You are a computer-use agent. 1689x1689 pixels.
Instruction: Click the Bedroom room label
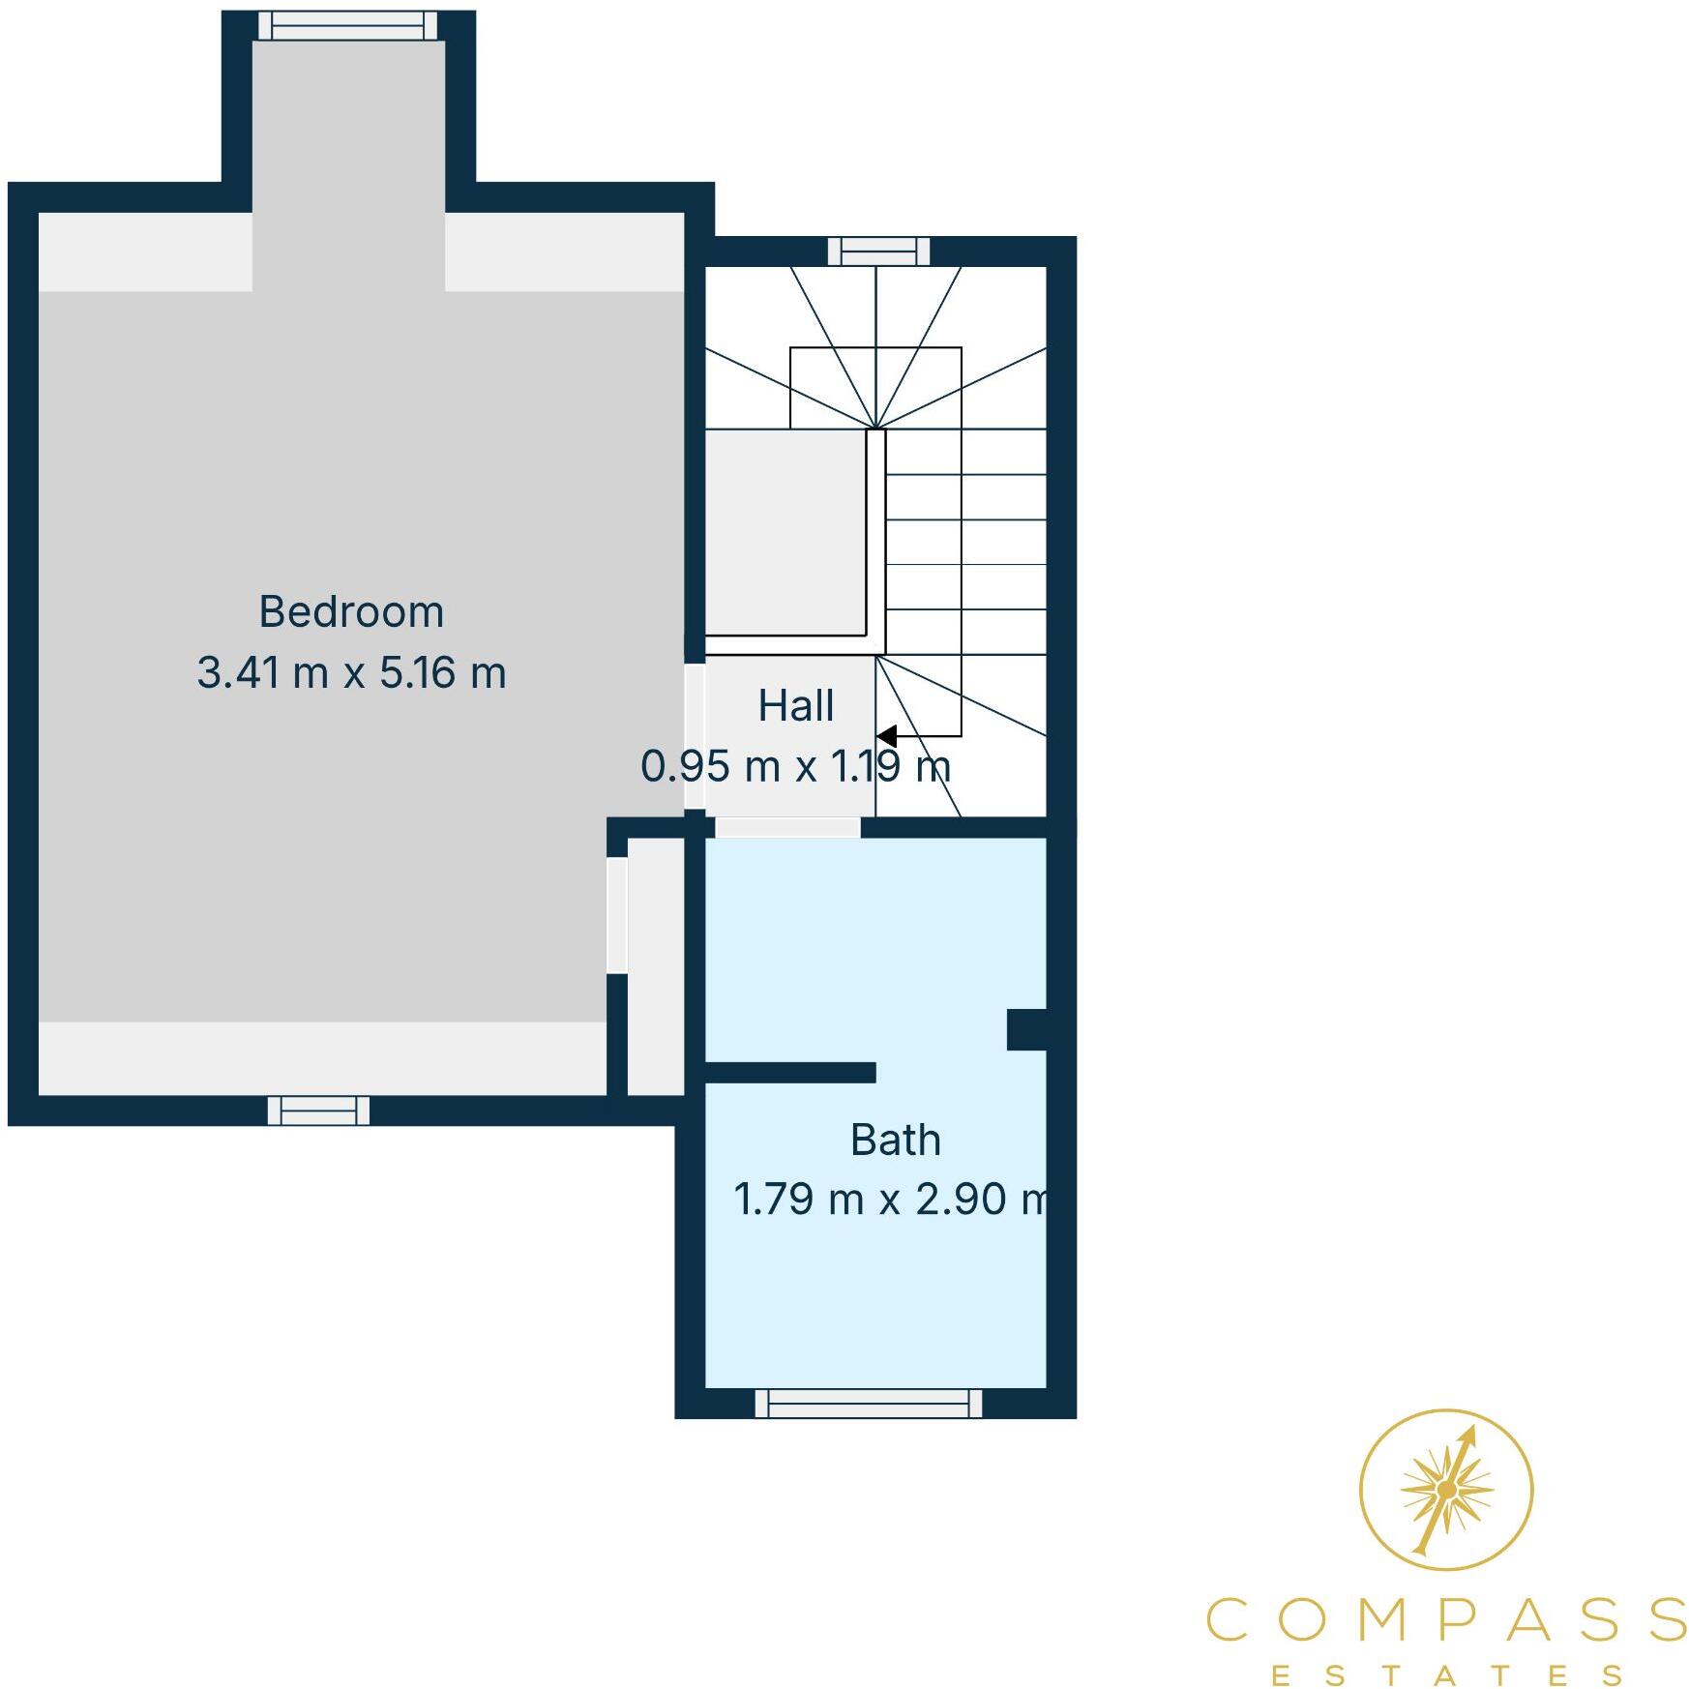click(x=351, y=612)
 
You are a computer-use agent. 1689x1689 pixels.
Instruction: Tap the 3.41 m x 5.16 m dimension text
click(x=351, y=673)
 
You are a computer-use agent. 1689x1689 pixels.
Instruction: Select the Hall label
click(x=795, y=706)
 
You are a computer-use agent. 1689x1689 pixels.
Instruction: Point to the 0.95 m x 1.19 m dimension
click(x=795, y=767)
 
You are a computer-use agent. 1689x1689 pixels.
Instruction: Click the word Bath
click(x=895, y=1141)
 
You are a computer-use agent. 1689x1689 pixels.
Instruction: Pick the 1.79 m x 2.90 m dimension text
click(x=890, y=1200)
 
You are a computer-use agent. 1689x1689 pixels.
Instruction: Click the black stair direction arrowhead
click(x=886, y=736)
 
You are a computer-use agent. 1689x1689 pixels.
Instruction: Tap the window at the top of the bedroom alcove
click(x=347, y=26)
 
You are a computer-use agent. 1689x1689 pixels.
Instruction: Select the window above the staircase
click(x=878, y=252)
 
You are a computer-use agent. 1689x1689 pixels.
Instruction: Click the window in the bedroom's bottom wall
click(x=318, y=1111)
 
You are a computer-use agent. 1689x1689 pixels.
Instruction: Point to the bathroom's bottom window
click(x=868, y=1404)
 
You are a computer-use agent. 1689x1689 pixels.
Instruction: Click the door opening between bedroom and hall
click(x=695, y=736)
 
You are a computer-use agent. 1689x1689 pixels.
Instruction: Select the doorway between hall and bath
click(x=786, y=827)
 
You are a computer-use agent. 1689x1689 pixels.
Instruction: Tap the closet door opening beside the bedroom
click(x=616, y=915)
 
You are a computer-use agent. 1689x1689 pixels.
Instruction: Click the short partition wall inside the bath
click(x=789, y=1072)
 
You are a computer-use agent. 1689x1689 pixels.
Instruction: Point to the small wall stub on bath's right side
click(x=1026, y=1029)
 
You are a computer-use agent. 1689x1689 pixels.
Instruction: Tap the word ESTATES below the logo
click(x=1446, y=1674)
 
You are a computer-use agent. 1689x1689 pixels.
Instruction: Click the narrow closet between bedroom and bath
click(x=656, y=967)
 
